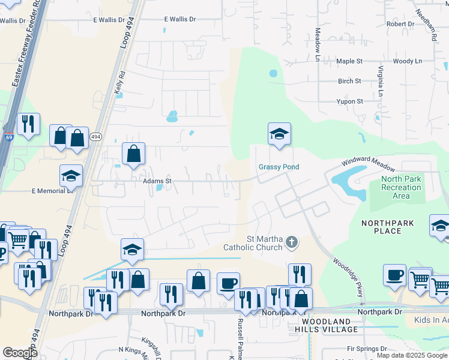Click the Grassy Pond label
pyautogui.click(x=279, y=167)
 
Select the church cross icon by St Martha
pyautogui.click(x=291, y=242)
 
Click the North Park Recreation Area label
pyautogui.click(x=401, y=187)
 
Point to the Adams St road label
pyautogui.click(x=157, y=180)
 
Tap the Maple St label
pyautogui.click(x=349, y=61)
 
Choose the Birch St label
pyautogui.click(x=349, y=81)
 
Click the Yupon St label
pyautogui.click(x=349, y=101)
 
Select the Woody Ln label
pyautogui.click(x=408, y=61)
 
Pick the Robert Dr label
pyautogui.click(x=400, y=24)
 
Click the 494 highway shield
pyautogui.click(x=95, y=137)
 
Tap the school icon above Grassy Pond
pyautogui.click(x=279, y=134)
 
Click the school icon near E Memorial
pyautogui.click(x=71, y=176)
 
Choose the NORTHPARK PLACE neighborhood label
pyautogui.click(x=387, y=227)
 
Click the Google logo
pyautogui.click(x=20, y=353)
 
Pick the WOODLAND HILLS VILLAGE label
pyautogui.click(x=327, y=325)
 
